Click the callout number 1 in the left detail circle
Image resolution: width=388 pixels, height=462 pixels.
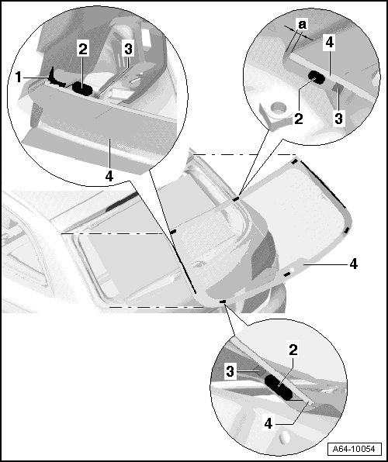[19, 78]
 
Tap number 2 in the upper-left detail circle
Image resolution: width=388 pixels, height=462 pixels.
[83, 49]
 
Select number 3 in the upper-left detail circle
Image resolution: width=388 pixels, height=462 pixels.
[128, 49]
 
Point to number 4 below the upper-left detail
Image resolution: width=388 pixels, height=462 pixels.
[109, 176]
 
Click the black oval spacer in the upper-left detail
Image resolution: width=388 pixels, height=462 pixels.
[82, 88]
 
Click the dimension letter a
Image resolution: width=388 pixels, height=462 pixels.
[303, 25]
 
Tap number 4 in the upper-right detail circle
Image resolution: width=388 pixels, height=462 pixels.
[330, 42]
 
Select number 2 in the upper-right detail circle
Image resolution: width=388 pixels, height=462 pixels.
[299, 119]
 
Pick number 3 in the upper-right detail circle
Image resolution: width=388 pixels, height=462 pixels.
[338, 119]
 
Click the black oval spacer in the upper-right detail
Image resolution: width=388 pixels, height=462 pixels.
[317, 77]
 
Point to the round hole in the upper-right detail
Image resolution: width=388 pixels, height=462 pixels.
[279, 107]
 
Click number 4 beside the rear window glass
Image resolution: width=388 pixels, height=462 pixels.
[354, 264]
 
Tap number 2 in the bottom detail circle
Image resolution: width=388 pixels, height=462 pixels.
[293, 350]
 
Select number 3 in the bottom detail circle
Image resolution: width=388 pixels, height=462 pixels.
[230, 371]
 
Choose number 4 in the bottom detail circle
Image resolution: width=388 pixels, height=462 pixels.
[268, 424]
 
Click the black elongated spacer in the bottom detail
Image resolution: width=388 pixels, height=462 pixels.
[279, 388]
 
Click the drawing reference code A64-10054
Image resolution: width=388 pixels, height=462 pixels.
[354, 449]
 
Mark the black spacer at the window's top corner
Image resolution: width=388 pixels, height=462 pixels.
[294, 161]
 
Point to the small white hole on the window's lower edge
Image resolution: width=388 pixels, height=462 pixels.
[292, 269]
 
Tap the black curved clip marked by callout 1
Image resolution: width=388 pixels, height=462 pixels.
[56, 79]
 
